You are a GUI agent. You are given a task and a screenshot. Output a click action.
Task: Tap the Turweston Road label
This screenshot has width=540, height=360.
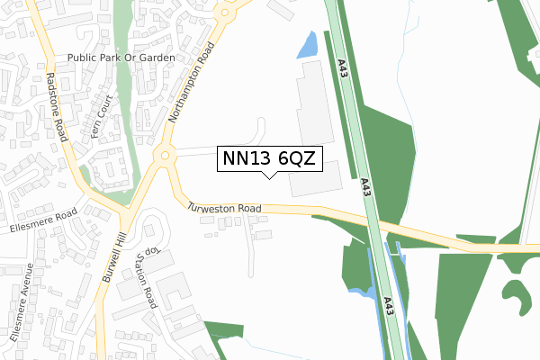224,208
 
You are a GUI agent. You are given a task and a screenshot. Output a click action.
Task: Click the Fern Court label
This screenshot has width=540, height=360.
99,116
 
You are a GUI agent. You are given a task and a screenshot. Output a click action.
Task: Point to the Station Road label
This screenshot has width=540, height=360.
145,278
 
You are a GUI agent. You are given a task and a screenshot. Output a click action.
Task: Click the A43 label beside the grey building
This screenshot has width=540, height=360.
365,187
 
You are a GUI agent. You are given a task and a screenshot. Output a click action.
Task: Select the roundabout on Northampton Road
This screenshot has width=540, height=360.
163,156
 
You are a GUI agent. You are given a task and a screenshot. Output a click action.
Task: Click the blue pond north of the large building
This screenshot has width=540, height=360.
308,43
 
